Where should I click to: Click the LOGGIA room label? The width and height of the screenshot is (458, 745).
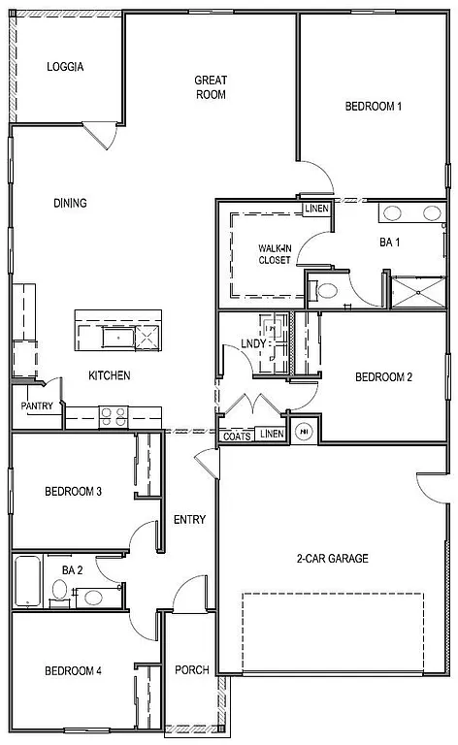click(65, 67)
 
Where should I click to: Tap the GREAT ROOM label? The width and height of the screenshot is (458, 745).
click(210, 87)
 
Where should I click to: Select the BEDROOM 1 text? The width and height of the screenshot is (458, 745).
click(374, 107)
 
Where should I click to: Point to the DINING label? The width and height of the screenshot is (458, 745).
click(70, 203)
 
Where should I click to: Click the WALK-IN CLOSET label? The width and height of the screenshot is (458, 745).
click(274, 254)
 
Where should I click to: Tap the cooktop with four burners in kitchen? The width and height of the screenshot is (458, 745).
click(113, 416)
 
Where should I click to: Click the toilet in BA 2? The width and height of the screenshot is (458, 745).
click(58, 591)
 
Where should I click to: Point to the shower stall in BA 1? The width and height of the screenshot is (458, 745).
click(417, 290)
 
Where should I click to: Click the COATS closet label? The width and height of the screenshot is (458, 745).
click(237, 436)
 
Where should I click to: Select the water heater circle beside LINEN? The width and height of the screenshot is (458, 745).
click(304, 433)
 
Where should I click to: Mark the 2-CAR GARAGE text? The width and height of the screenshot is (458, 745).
click(332, 558)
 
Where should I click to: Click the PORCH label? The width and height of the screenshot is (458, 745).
click(191, 670)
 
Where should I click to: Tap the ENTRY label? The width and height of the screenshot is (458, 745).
click(189, 520)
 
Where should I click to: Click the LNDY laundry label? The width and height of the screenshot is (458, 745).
click(254, 342)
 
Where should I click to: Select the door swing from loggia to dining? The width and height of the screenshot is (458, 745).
click(103, 136)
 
